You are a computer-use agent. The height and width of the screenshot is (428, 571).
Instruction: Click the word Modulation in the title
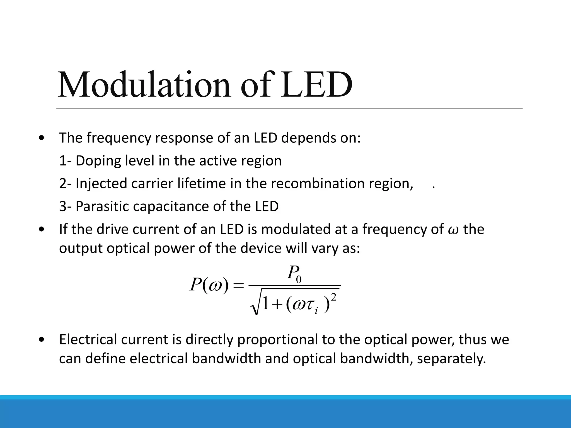pos(144,85)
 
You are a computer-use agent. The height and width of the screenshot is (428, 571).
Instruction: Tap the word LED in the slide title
pos(316,85)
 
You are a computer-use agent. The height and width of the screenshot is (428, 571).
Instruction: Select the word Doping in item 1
pos(98,161)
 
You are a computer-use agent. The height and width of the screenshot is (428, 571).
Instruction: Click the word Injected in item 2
pos(101,184)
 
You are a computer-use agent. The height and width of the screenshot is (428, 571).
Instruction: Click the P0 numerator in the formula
pos(294,273)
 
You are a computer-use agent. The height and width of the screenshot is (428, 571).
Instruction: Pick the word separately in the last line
pos(451,359)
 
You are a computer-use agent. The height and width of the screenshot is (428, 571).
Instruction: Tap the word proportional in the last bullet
pos(277,340)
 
